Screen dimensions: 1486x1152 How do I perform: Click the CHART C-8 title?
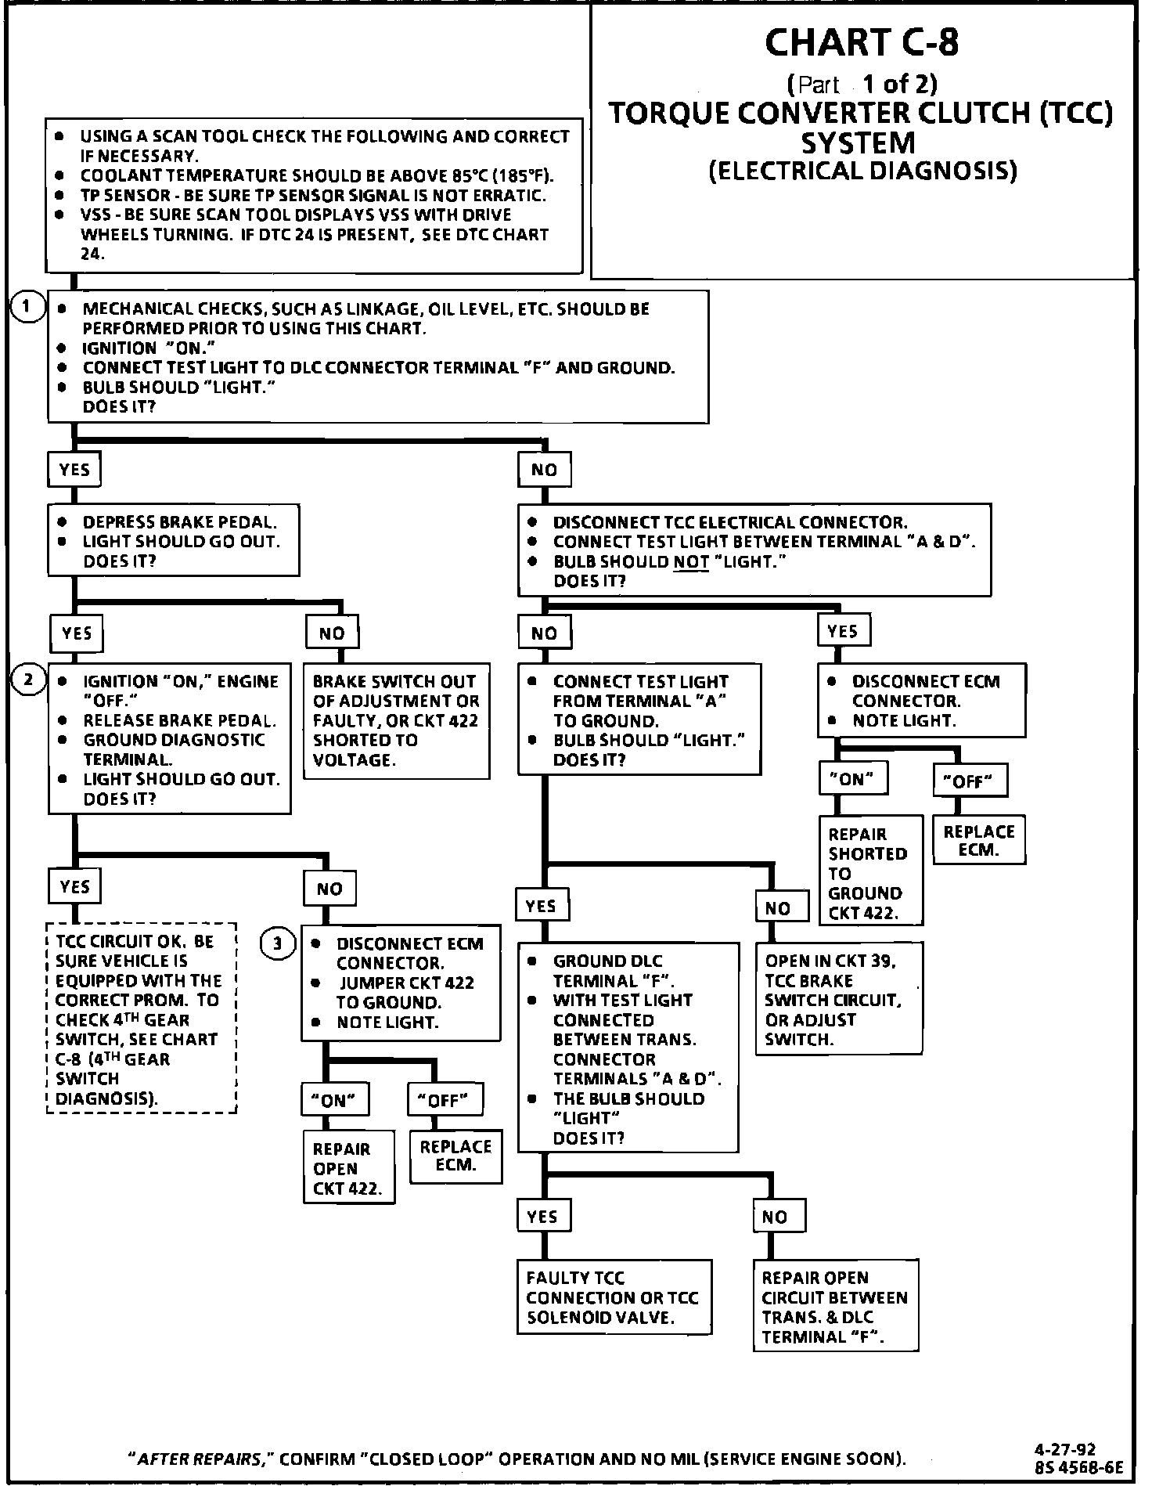861,42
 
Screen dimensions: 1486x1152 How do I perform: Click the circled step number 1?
27,306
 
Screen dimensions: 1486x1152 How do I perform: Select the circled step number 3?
277,943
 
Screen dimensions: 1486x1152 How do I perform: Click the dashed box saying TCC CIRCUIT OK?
142,1019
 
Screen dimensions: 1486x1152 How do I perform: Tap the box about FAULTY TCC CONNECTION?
614,1297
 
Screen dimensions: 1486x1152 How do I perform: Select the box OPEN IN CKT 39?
838,1000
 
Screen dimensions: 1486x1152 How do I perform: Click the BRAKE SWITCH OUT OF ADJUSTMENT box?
396,720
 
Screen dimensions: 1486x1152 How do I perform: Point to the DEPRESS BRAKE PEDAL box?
174,541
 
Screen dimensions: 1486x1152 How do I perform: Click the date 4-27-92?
1068,1449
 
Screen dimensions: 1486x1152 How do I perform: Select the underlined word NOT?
690,561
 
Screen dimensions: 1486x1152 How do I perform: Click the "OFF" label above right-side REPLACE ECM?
969,781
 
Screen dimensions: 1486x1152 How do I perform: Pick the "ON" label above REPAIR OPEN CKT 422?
335,1100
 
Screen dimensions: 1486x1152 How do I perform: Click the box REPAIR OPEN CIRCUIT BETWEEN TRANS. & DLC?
835,1307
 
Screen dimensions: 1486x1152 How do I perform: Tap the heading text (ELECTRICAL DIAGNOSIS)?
862,171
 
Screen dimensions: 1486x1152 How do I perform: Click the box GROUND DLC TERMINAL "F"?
628,1048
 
